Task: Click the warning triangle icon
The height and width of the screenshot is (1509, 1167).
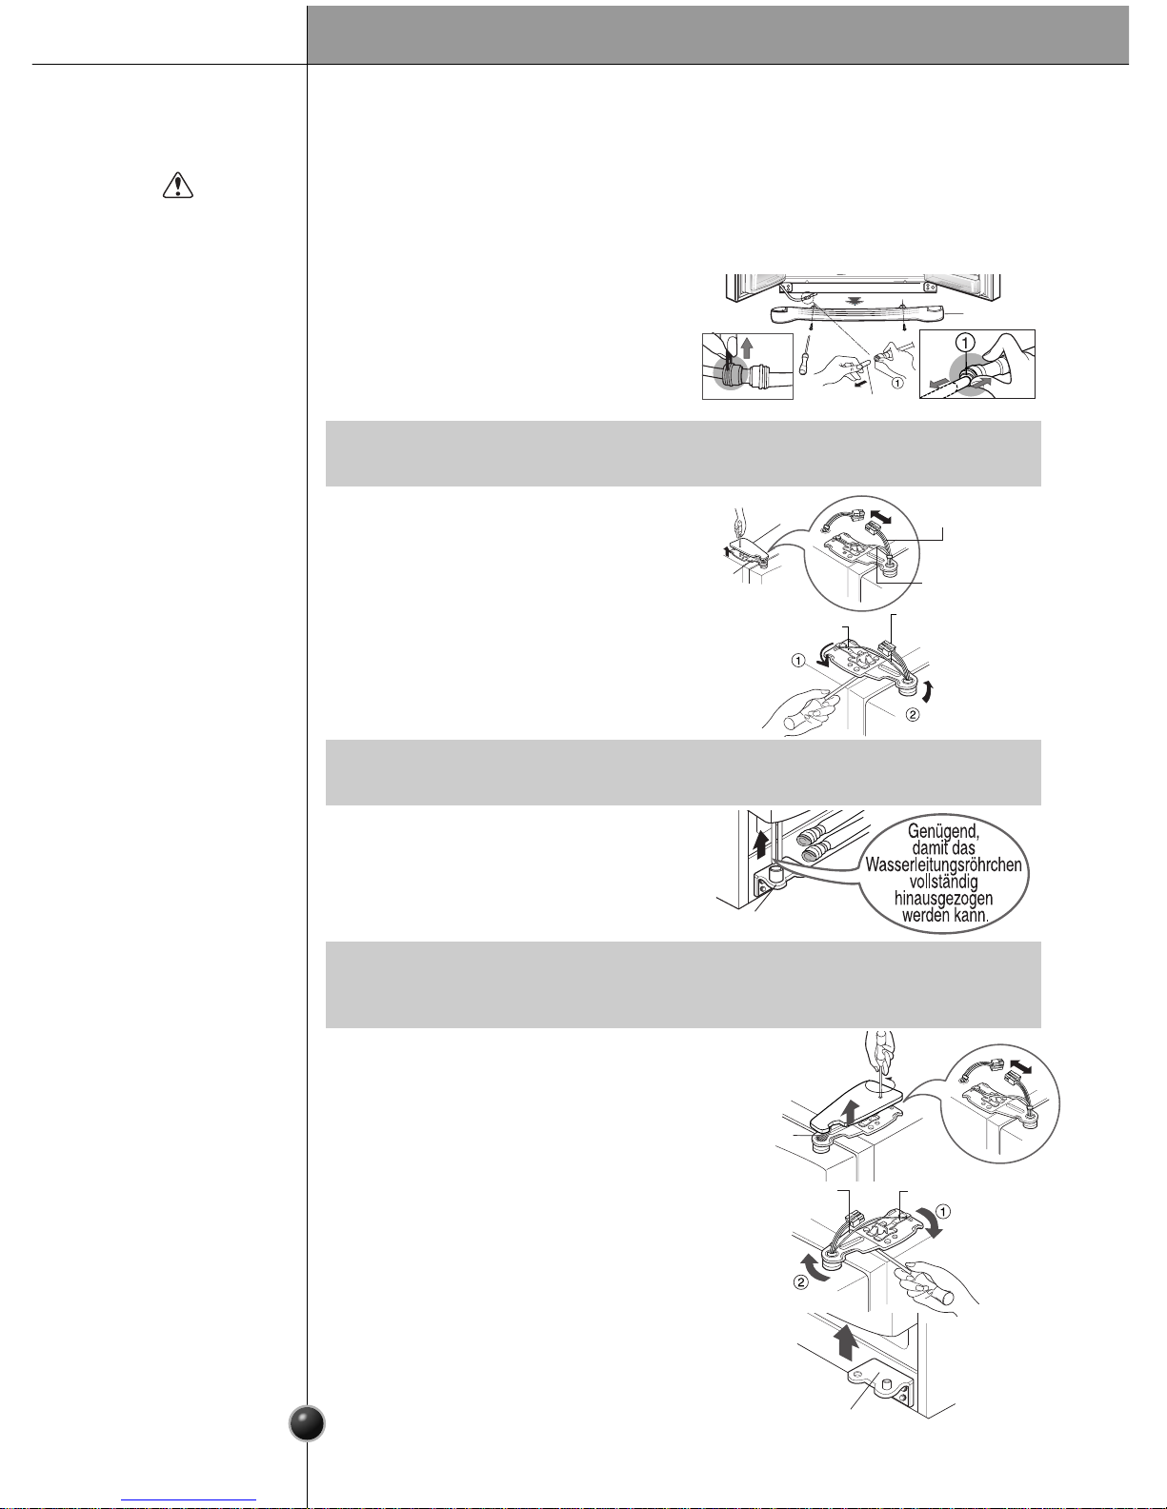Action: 178,186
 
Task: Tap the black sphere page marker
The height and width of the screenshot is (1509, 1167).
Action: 307,1423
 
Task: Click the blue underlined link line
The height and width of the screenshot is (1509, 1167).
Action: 189,1500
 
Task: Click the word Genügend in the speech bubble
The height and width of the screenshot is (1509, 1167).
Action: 943,831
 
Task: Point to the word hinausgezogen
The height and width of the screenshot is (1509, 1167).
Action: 943,899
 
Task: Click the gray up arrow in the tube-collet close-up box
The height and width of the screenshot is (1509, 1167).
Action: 747,347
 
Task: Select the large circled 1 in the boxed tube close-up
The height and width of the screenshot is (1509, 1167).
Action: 966,342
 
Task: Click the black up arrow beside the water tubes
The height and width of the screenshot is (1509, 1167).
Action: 762,844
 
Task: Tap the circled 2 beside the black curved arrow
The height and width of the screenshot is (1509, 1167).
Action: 912,714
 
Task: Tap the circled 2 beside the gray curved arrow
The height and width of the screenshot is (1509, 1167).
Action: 801,1281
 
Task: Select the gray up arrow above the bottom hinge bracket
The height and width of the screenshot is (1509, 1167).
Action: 845,1341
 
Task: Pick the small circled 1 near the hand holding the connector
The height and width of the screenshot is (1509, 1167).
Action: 897,382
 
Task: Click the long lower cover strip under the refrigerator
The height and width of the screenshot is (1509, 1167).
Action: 858,314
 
